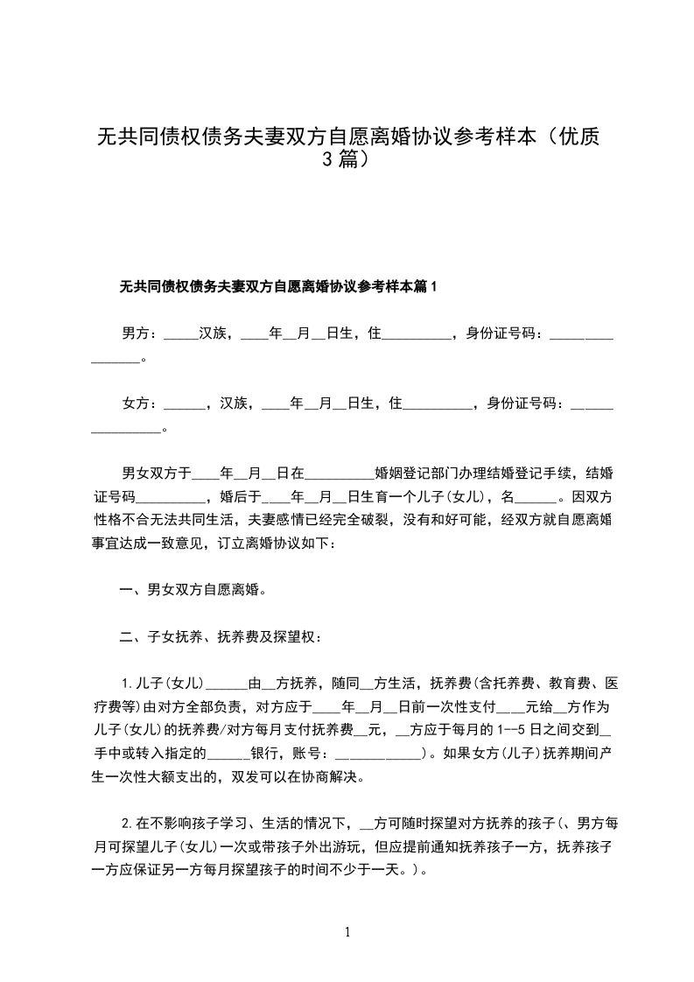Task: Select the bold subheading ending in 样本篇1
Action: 277,286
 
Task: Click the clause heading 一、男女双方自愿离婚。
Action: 193,589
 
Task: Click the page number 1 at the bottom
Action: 348,933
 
